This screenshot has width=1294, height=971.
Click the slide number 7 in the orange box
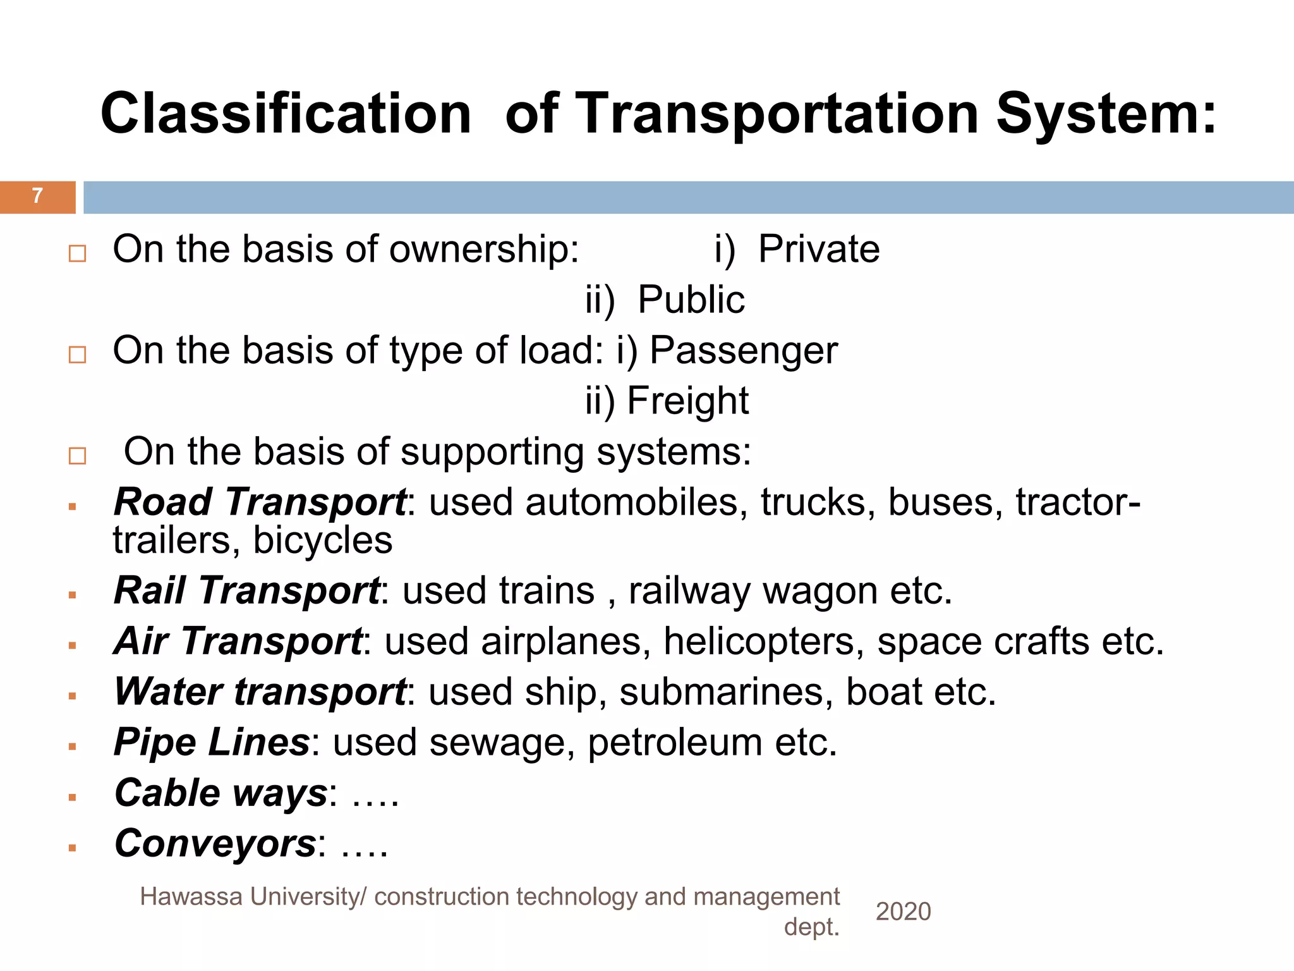37,196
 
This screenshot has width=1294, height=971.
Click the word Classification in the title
286,114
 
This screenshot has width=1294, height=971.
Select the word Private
819,249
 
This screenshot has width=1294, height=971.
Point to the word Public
691,300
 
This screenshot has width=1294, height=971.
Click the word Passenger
744,351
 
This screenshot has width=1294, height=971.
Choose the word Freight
687,401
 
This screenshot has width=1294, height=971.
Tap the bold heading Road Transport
260,503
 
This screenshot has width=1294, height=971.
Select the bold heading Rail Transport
246,591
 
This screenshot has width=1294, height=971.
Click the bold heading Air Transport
238,642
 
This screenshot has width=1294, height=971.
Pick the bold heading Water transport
260,692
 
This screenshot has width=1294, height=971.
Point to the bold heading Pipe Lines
212,742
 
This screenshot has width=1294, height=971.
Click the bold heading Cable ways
221,793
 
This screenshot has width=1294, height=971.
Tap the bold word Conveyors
215,843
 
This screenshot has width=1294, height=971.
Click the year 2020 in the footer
903,912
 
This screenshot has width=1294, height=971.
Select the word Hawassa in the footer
191,896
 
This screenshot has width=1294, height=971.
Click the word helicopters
763,642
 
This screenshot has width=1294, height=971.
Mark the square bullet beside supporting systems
77,456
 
